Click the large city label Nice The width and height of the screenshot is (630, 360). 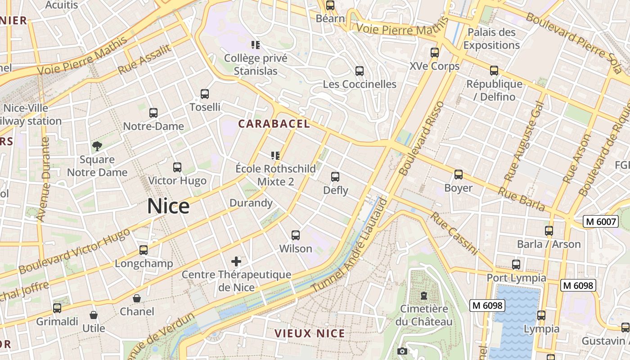[x=168, y=206]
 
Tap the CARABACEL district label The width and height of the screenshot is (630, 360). [x=274, y=124]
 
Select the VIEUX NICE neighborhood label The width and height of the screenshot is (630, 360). [x=310, y=333]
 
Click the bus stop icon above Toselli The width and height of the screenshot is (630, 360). [x=205, y=94]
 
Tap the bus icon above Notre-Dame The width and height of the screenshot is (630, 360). [x=153, y=113]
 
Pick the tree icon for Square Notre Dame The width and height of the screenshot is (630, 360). [x=97, y=146]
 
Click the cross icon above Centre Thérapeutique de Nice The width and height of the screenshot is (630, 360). [x=236, y=261]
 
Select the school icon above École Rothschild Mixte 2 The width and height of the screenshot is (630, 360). [x=275, y=156]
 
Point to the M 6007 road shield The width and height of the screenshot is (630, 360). [x=600, y=221]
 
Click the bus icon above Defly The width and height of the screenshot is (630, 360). [x=335, y=177]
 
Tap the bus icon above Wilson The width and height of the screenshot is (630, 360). [x=296, y=235]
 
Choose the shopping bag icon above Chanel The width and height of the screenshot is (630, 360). [x=137, y=298]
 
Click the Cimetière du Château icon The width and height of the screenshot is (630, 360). [x=423, y=296]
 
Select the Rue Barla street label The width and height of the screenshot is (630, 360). [x=521, y=199]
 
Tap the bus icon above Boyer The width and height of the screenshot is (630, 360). [x=459, y=175]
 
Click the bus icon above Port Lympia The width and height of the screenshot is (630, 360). [x=516, y=265]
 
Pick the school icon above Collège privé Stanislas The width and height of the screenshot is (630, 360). [x=256, y=45]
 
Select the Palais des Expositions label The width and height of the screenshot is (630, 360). [x=491, y=39]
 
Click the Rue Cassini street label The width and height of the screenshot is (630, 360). [x=453, y=233]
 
